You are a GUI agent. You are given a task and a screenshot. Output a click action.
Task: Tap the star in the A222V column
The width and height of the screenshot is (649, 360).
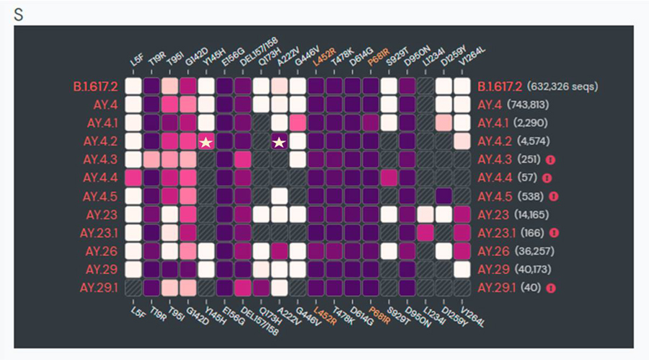tap(279, 141)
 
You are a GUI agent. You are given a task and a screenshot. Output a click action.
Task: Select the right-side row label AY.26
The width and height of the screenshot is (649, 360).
tap(493, 251)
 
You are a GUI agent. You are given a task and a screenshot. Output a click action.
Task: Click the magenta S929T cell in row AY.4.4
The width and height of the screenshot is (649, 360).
tap(389, 178)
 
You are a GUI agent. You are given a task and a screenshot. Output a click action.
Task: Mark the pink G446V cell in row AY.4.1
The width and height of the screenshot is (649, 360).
tap(297, 123)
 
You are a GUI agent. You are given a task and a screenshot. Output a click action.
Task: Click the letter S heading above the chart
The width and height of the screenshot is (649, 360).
tap(18, 14)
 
